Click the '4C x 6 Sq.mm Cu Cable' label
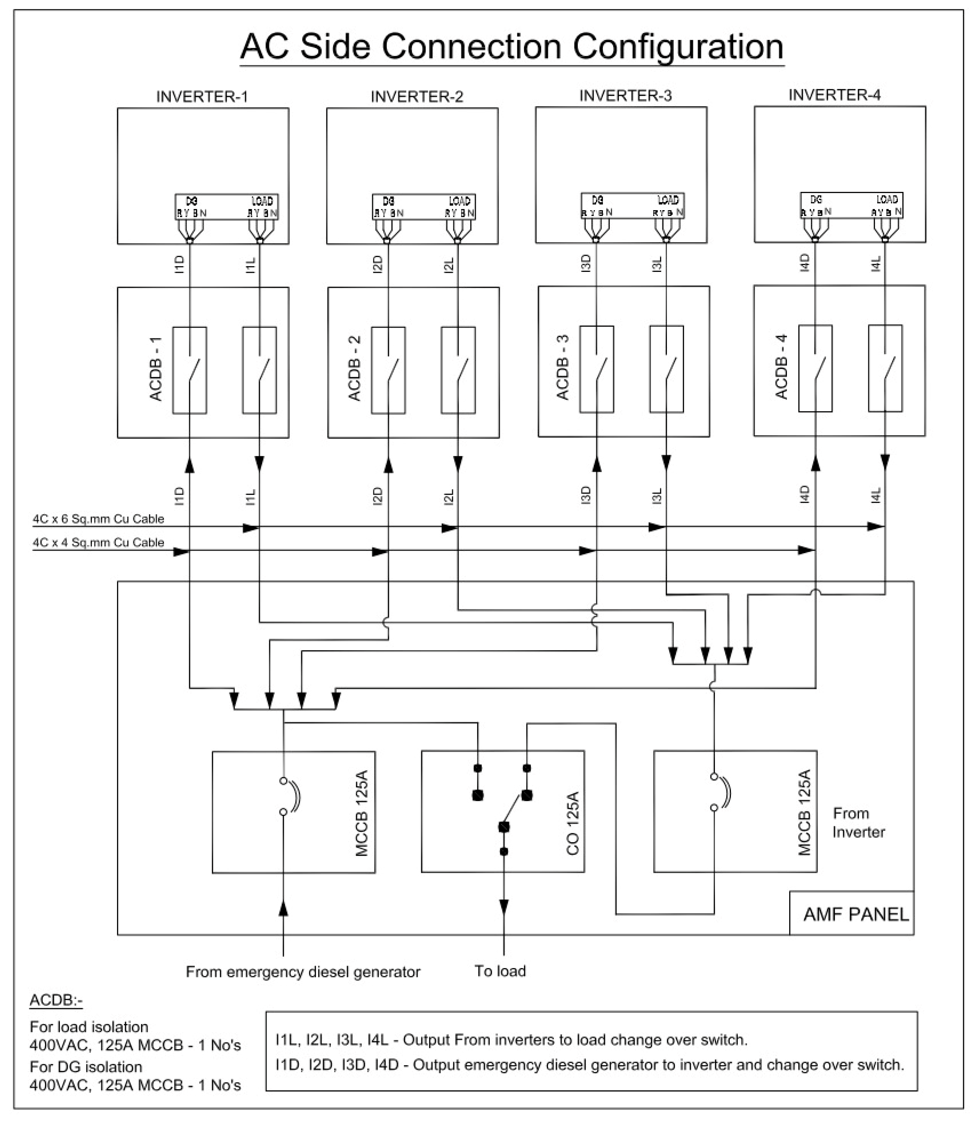(99, 519)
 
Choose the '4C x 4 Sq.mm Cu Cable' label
(99, 542)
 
